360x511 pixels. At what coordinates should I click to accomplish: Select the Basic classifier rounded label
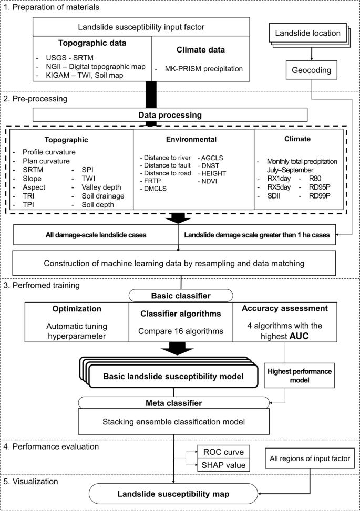(x=180, y=295)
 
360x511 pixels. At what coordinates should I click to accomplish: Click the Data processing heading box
(x=170, y=114)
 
